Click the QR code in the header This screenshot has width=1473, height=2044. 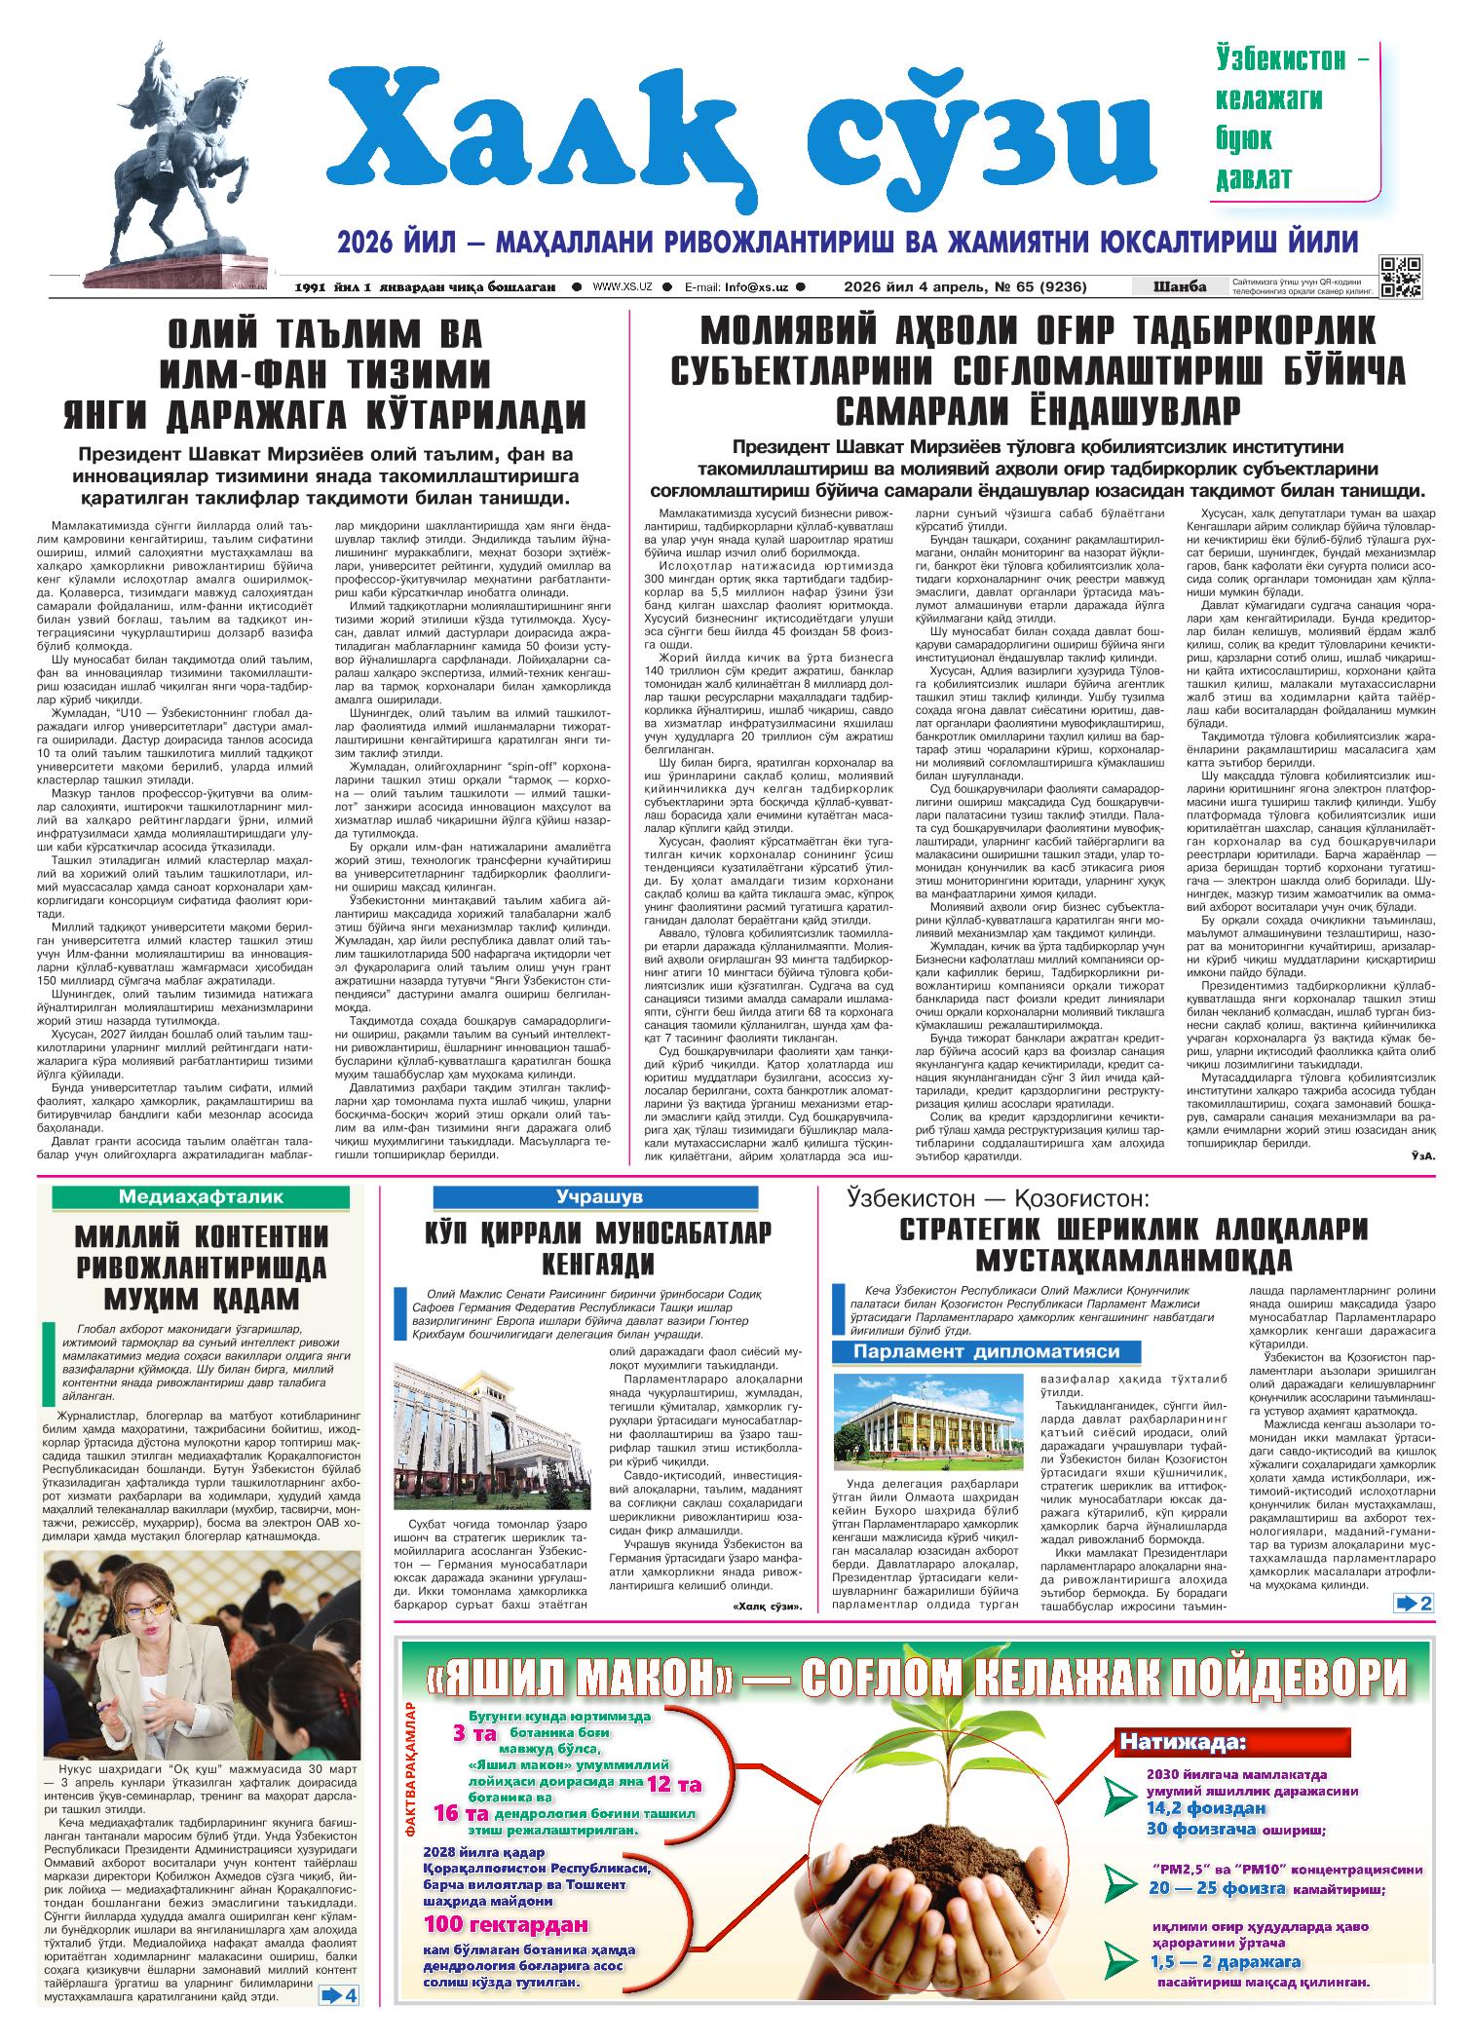[1400, 276]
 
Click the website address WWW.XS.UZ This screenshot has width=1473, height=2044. [622, 286]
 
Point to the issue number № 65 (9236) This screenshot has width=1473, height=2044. [1041, 286]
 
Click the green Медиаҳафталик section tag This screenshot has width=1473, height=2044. [201, 1197]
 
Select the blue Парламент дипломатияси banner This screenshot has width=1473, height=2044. [986, 1351]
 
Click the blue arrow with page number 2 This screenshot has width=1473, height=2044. [1414, 1605]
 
